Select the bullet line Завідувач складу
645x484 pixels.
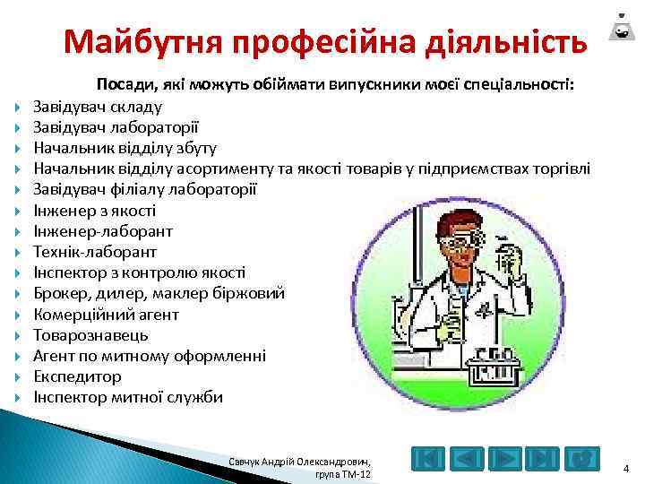coord(98,107)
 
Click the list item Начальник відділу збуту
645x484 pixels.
coord(125,148)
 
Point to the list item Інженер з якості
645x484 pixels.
coord(94,211)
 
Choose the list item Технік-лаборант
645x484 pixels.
coord(95,252)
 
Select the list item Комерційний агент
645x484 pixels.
coord(106,315)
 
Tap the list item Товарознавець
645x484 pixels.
coord(90,335)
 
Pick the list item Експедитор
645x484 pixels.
coord(77,376)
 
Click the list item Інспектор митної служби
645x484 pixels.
coord(128,397)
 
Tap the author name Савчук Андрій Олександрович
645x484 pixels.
coord(302,460)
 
